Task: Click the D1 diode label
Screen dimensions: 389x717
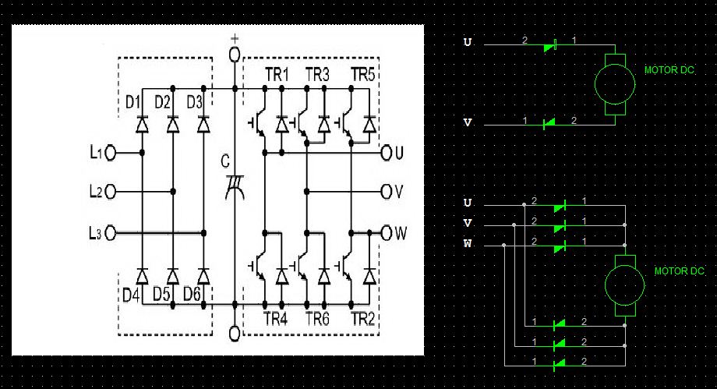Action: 132,102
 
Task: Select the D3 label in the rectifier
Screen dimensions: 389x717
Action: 194,102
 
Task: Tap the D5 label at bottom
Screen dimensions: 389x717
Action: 162,294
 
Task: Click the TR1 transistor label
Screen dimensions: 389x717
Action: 275,75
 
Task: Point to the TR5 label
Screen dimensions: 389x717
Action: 363,75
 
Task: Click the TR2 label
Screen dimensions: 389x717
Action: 362,319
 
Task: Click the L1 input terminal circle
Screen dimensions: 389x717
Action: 110,153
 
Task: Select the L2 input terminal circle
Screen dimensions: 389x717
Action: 110,191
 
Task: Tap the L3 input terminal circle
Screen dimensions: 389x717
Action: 110,232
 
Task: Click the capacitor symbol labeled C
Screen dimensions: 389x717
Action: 233,187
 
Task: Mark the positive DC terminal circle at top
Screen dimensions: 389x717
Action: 234,55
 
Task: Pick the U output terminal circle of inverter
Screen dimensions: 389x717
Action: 387,153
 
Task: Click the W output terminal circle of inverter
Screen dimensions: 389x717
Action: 387,232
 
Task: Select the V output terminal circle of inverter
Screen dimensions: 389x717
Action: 387,191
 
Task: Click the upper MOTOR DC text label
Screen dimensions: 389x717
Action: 669,70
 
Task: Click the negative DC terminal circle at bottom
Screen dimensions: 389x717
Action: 234,334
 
